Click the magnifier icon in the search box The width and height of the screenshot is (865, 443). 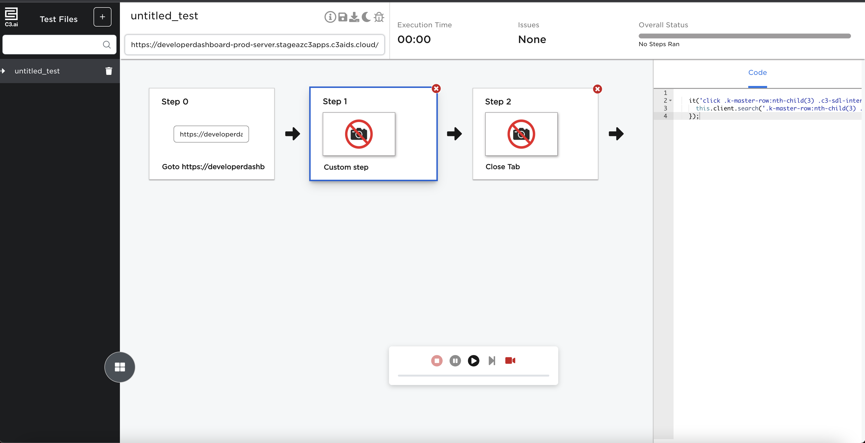107,45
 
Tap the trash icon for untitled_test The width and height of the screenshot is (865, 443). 109,71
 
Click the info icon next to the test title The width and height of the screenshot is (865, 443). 330,17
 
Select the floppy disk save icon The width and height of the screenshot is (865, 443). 343,17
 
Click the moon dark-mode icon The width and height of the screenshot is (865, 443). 366,17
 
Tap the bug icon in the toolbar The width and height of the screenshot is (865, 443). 379,17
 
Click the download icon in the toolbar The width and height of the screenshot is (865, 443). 354,17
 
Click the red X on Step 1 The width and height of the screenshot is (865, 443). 436,89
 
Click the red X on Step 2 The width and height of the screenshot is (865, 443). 597,89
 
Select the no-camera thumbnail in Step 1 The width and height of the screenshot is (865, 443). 359,134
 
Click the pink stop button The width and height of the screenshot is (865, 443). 437,361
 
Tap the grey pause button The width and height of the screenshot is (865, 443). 455,361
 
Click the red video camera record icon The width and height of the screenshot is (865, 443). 510,361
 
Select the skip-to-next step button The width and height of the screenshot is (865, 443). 492,361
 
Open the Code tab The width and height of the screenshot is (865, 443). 758,72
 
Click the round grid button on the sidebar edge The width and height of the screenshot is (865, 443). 120,367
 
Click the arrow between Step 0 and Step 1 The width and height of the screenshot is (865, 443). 293,134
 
